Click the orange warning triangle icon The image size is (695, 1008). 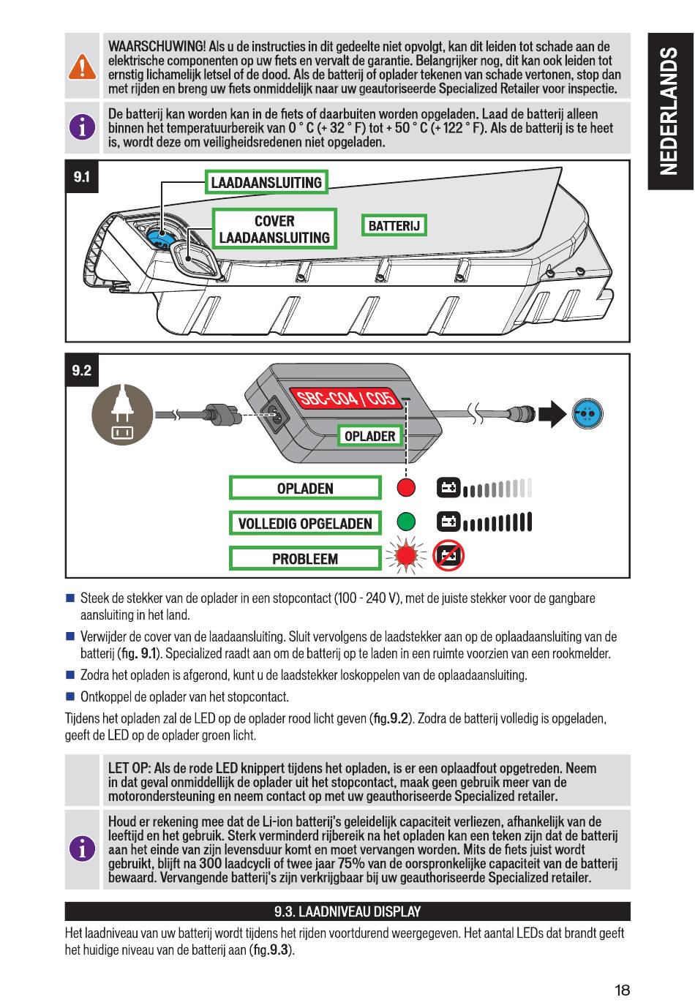pos(83,67)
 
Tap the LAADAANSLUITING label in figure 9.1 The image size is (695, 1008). pos(266,182)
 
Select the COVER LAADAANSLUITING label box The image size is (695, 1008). pos(274,229)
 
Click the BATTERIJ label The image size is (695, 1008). pos(394,225)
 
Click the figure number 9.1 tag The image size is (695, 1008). pos(82,177)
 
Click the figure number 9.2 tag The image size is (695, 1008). pos(82,370)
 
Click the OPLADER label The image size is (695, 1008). pos(369,436)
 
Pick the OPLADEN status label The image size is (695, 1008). pos(305,489)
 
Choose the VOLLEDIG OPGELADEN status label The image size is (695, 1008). pos(305,524)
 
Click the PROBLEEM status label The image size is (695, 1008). pos(305,559)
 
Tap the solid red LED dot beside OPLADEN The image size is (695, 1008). pos(406,488)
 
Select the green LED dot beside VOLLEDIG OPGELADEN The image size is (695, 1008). pos(406,522)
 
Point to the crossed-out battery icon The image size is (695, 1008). pos(448,557)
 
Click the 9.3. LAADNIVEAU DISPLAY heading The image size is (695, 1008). pos(347,911)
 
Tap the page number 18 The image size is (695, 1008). pos(622,990)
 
